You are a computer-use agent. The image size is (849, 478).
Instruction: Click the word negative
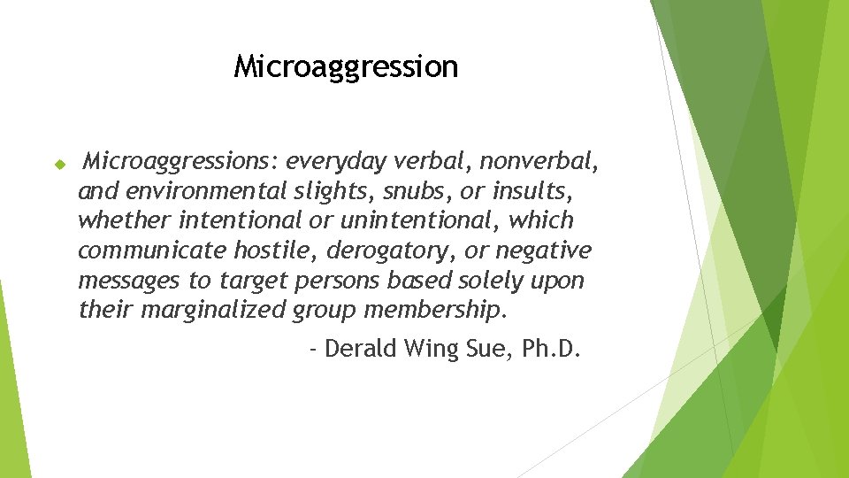pyautogui.click(x=543, y=251)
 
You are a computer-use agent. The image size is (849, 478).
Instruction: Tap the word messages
pyautogui.click(x=129, y=281)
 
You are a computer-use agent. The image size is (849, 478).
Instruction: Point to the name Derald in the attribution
pyautogui.click(x=360, y=349)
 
